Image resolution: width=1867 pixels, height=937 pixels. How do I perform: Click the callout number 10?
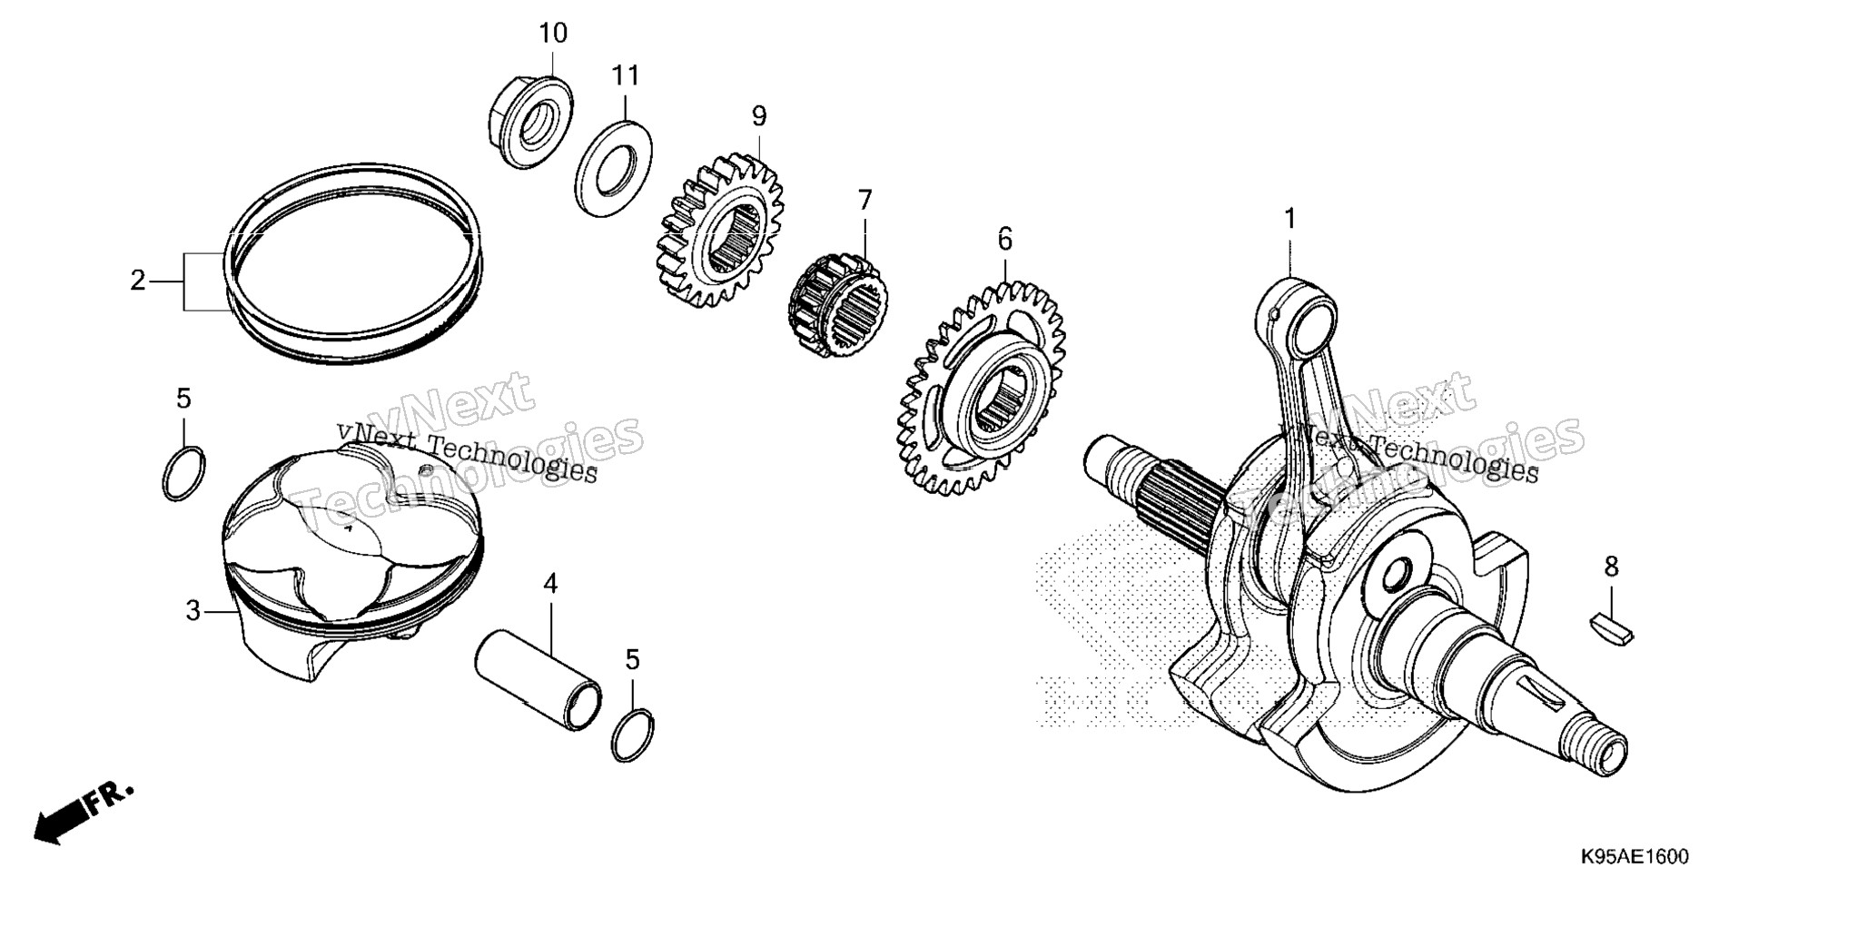(x=553, y=34)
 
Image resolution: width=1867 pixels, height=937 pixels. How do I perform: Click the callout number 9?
(x=759, y=116)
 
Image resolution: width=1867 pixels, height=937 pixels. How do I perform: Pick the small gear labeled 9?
(x=718, y=232)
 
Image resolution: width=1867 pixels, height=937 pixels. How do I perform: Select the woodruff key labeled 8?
(x=1611, y=629)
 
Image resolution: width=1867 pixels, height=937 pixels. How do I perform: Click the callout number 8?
(x=1611, y=567)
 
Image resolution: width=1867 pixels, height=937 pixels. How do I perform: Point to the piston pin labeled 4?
(x=538, y=686)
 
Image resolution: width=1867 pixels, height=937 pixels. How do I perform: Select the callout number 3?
(x=193, y=612)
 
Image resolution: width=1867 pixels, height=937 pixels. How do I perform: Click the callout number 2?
(x=137, y=281)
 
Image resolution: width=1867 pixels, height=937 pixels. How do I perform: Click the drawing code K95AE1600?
(x=1634, y=857)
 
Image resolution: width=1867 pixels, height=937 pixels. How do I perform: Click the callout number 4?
(x=550, y=584)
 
